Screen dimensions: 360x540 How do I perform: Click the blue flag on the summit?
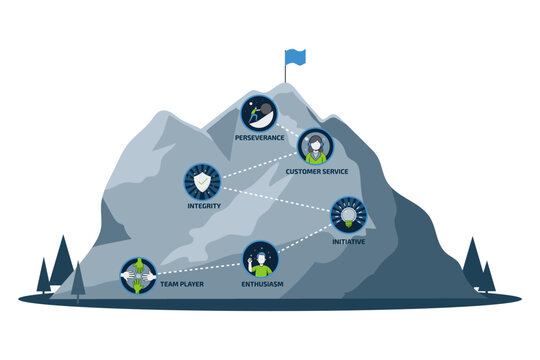[x=295, y=56]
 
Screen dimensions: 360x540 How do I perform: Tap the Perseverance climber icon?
[x=259, y=112]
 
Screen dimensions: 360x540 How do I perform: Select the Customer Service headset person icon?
[x=316, y=147]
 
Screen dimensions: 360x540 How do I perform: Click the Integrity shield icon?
[x=202, y=182]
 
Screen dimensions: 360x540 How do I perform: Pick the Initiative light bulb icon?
[x=348, y=214]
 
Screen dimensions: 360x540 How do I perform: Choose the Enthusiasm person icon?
[x=260, y=261]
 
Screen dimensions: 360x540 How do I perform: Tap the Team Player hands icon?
[x=138, y=275]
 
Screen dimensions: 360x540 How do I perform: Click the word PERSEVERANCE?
[x=260, y=137]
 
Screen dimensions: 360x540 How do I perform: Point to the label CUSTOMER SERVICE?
[x=316, y=172]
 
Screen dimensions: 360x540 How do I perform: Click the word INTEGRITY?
[x=203, y=206]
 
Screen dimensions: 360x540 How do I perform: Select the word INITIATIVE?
[x=348, y=241]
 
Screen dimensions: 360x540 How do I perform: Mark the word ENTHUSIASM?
[x=261, y=285]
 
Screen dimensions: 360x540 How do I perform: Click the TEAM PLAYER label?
[x=182, y=285]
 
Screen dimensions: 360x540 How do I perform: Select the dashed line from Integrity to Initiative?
[x=275, y=198]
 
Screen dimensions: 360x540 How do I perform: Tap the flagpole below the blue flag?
[x=286, y=74]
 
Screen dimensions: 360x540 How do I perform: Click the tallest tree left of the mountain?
[x=62, y=262]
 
